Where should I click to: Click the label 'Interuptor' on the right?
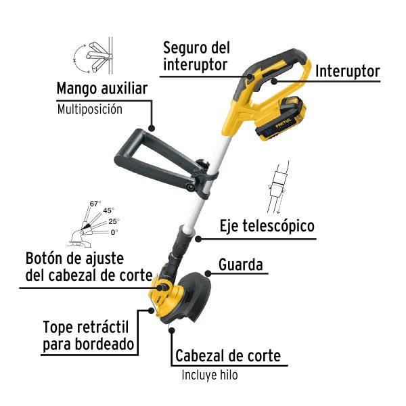[x=348, y=71]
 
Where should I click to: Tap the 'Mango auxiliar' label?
[x=102, y=89]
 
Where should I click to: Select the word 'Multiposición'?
[x=89, y=109]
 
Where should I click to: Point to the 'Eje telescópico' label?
[x=267, y=226]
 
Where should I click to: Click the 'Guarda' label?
[x=240, y=264]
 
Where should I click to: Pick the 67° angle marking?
[x=95, y=204]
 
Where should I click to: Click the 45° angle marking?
[x=108, y=210]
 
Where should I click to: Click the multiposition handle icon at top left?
[x=91, y=56]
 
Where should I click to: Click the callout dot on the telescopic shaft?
[x=198, y=238]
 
